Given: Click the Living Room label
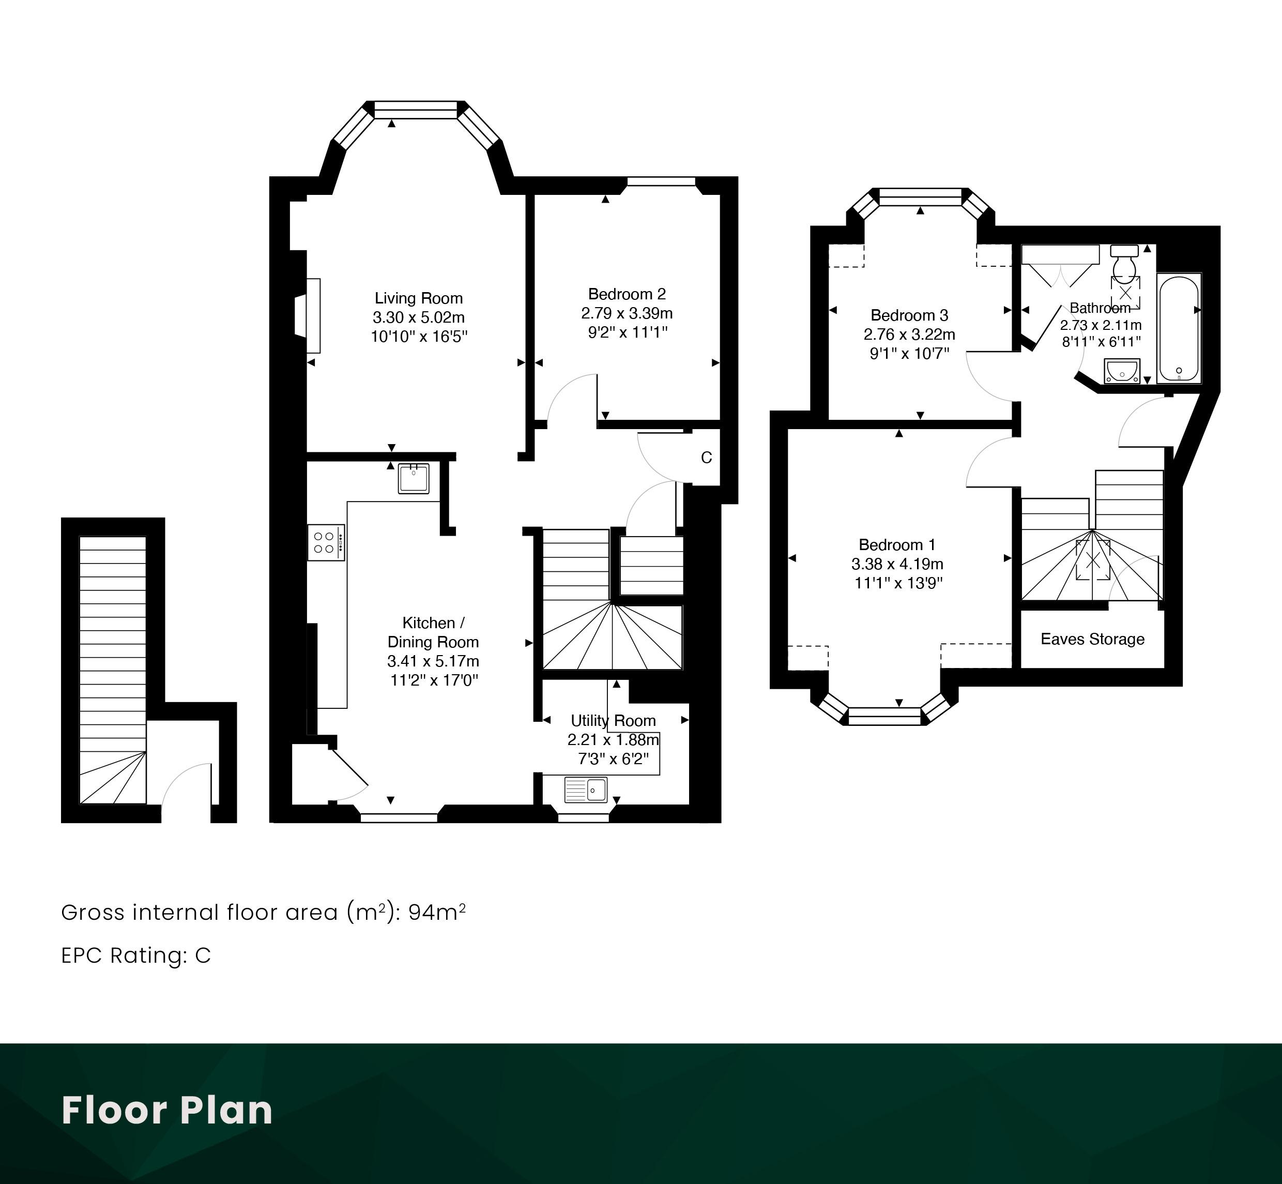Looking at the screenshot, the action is (x=418, y=298).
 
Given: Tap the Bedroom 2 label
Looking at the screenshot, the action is (x=627, y=294).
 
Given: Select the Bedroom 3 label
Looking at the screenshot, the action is (x=909, y=315).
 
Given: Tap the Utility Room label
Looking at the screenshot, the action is (x=613, y=721).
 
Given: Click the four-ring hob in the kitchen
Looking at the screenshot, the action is (x=326, y=542).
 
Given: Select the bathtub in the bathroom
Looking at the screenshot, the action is (x=1179, y=328).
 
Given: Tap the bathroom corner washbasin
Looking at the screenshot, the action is (x=1122, y=371).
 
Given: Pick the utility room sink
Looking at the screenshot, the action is (x=586, y=790).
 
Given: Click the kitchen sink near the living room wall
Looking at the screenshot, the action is (x=414, y=478).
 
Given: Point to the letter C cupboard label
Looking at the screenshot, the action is (x=706, y=458).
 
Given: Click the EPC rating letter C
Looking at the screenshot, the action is (x=203, y=955).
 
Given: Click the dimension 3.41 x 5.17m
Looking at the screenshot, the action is (x=433, y=661).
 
